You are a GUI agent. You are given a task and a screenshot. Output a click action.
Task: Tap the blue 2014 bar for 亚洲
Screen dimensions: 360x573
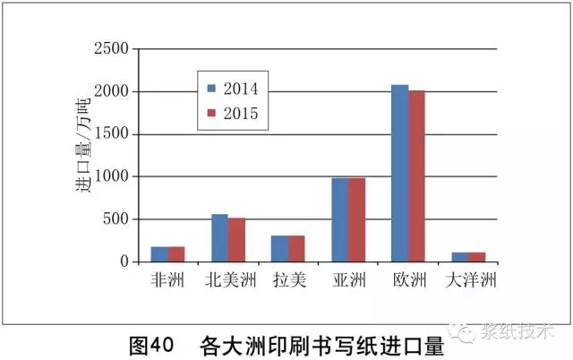(340, 219)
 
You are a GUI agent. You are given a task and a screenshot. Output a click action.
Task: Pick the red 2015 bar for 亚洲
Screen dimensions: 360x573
(357, 219)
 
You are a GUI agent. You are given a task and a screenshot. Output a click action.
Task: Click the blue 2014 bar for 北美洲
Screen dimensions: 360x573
(219, 237)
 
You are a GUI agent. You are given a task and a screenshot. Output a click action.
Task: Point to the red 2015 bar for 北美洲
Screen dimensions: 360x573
(236, 239)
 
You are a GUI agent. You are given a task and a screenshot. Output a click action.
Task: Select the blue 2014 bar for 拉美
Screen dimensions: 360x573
(279, 248)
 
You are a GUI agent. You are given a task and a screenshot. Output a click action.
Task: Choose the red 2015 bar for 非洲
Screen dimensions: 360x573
(176, 253)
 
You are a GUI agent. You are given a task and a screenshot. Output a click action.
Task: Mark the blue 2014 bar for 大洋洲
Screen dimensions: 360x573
(461, 257)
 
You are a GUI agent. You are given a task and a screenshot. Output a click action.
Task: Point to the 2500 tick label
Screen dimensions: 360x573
(111, 49)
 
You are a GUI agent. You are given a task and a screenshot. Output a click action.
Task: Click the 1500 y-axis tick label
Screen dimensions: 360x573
(111, 134)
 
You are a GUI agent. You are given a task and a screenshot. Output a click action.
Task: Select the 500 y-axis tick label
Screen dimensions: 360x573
(115, 219)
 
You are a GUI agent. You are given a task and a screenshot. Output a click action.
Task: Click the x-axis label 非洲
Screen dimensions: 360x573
(167, 280)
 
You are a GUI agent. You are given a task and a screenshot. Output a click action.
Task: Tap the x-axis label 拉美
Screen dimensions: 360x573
(288, 280)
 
